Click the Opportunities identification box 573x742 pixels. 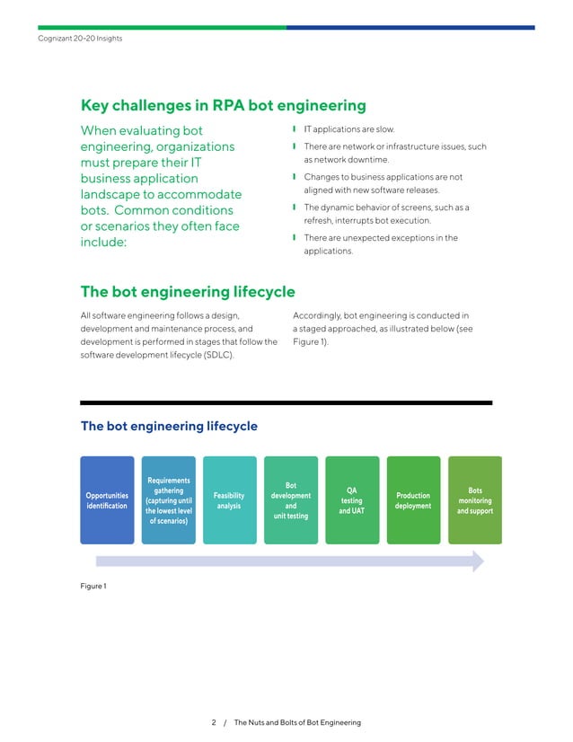click(107, 500)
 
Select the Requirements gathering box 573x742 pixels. click(168, 500)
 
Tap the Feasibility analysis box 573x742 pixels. click(229, 500)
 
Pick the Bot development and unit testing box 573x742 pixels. click(290, 500)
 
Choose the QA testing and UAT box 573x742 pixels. click(351, 500)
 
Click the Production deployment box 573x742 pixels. click(413, 500)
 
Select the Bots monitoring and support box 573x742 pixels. click(474, 500)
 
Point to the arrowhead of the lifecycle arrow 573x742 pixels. click(477, 561)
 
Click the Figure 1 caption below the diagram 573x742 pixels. click(93, 587)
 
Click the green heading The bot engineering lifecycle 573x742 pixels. click(188, 292)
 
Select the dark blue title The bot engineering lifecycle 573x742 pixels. click(169, 426)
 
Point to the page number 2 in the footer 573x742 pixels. click(214, 722)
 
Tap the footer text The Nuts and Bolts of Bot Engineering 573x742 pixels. click(296, 722)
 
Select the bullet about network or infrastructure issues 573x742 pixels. click(394, 152)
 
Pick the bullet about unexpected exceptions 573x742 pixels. click(380, 244)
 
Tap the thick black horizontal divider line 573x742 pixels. click(286, 402)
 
